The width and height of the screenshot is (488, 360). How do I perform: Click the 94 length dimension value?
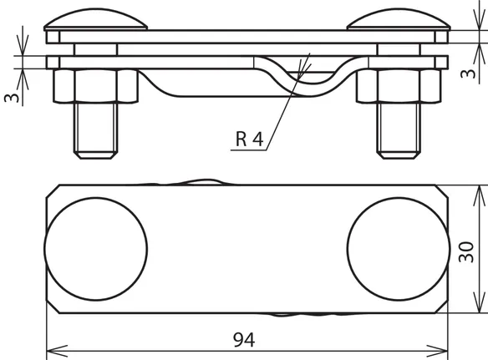244,340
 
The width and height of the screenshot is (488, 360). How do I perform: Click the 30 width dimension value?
466,252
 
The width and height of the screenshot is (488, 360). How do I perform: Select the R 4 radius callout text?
250,139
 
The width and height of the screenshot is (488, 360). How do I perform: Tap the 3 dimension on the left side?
12,98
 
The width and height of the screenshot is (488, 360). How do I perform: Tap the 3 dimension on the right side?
468,74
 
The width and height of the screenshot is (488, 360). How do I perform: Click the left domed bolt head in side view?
95,19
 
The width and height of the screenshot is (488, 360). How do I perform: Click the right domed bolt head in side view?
399,19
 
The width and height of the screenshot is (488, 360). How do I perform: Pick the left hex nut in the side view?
95,86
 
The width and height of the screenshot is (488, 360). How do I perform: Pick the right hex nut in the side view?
399,86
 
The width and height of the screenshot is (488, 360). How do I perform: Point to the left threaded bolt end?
95,130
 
